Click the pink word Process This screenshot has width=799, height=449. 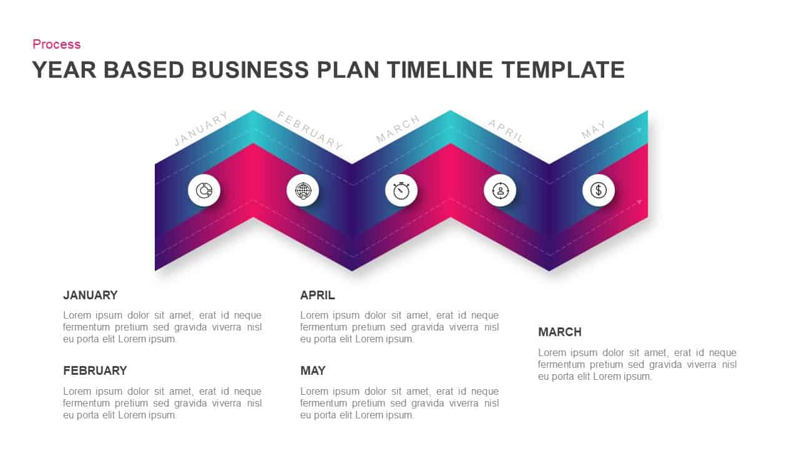[x=56, y=44]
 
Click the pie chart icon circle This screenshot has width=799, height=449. [x=204, y=190]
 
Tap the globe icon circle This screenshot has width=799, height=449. [x=303, y=190]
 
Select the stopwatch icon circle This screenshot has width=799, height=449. [x=401, y=190]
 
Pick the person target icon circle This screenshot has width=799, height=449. [x=500, y=190]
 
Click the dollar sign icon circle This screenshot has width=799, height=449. [x=599, y=190]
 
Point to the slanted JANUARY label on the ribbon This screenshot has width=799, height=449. [x=201, y=129]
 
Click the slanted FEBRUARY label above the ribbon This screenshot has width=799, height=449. [x=310, y=130]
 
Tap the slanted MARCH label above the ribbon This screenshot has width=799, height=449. [x=398, y=129]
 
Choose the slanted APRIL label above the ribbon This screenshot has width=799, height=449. [x=506, y=131]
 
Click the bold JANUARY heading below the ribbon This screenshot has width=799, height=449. [x=91, y=296]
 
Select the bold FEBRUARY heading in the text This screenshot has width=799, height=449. [x=95, y=371]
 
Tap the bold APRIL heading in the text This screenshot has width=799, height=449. [x=318, y=296]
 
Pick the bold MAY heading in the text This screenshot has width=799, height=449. [x=313, y=371]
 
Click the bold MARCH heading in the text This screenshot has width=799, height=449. [x=560, y=332]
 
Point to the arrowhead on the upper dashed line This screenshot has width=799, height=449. [x=639, y=130]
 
